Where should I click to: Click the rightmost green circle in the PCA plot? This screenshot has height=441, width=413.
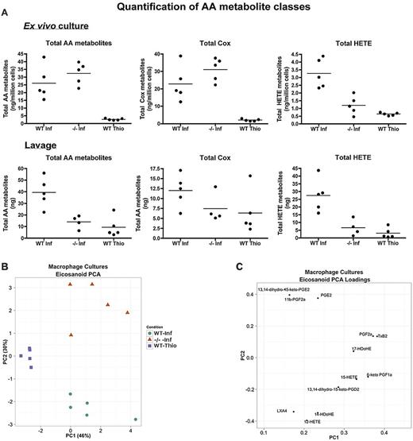[x=136, y=419]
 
